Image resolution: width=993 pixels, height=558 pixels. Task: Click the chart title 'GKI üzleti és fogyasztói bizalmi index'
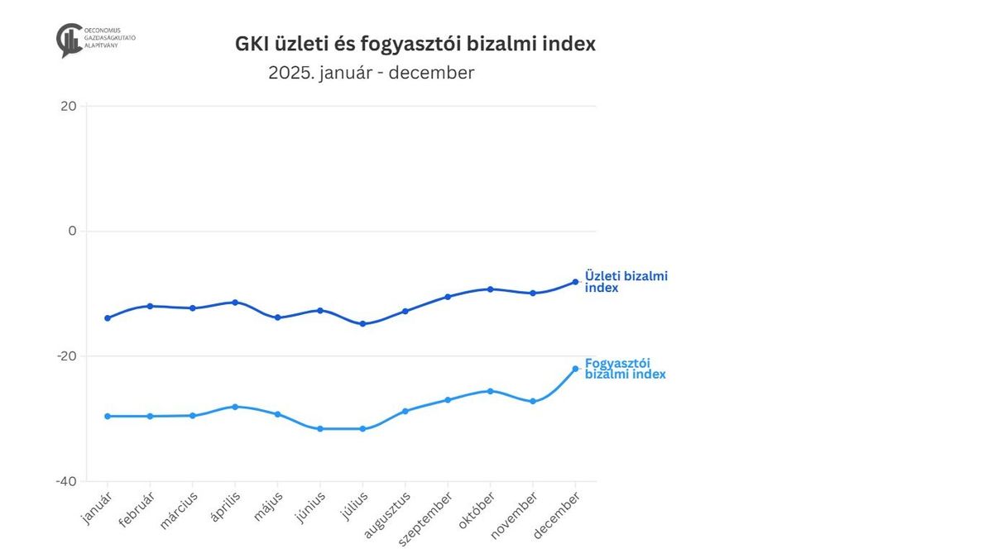(x=415, y=45)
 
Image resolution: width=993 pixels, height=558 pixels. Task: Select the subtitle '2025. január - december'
(x=372, y=73)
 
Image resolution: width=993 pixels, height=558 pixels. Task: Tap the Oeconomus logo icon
(x=70, y=40)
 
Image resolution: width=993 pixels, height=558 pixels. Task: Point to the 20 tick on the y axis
(x=68, y=106)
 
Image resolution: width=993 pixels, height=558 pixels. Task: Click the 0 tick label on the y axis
(x=72, y=231)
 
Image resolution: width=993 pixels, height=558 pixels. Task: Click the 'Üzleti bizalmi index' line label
(x=626, y=281)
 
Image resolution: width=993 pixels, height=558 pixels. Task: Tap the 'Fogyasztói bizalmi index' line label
(x=625, y=369)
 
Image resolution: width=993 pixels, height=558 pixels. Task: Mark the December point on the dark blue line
(x=575, y=282)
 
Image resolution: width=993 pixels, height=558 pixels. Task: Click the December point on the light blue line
(x=575, y=369)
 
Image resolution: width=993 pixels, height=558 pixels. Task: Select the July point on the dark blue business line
(x=362, y=323)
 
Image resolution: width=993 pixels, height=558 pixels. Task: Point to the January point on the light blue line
(x=108, y=416)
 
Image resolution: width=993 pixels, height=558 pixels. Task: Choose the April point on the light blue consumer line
(x=235, y=407)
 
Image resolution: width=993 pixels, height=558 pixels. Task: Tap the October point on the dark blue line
(x=490, y=289)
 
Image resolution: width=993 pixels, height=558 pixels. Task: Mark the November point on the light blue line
(x=533, y=402)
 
